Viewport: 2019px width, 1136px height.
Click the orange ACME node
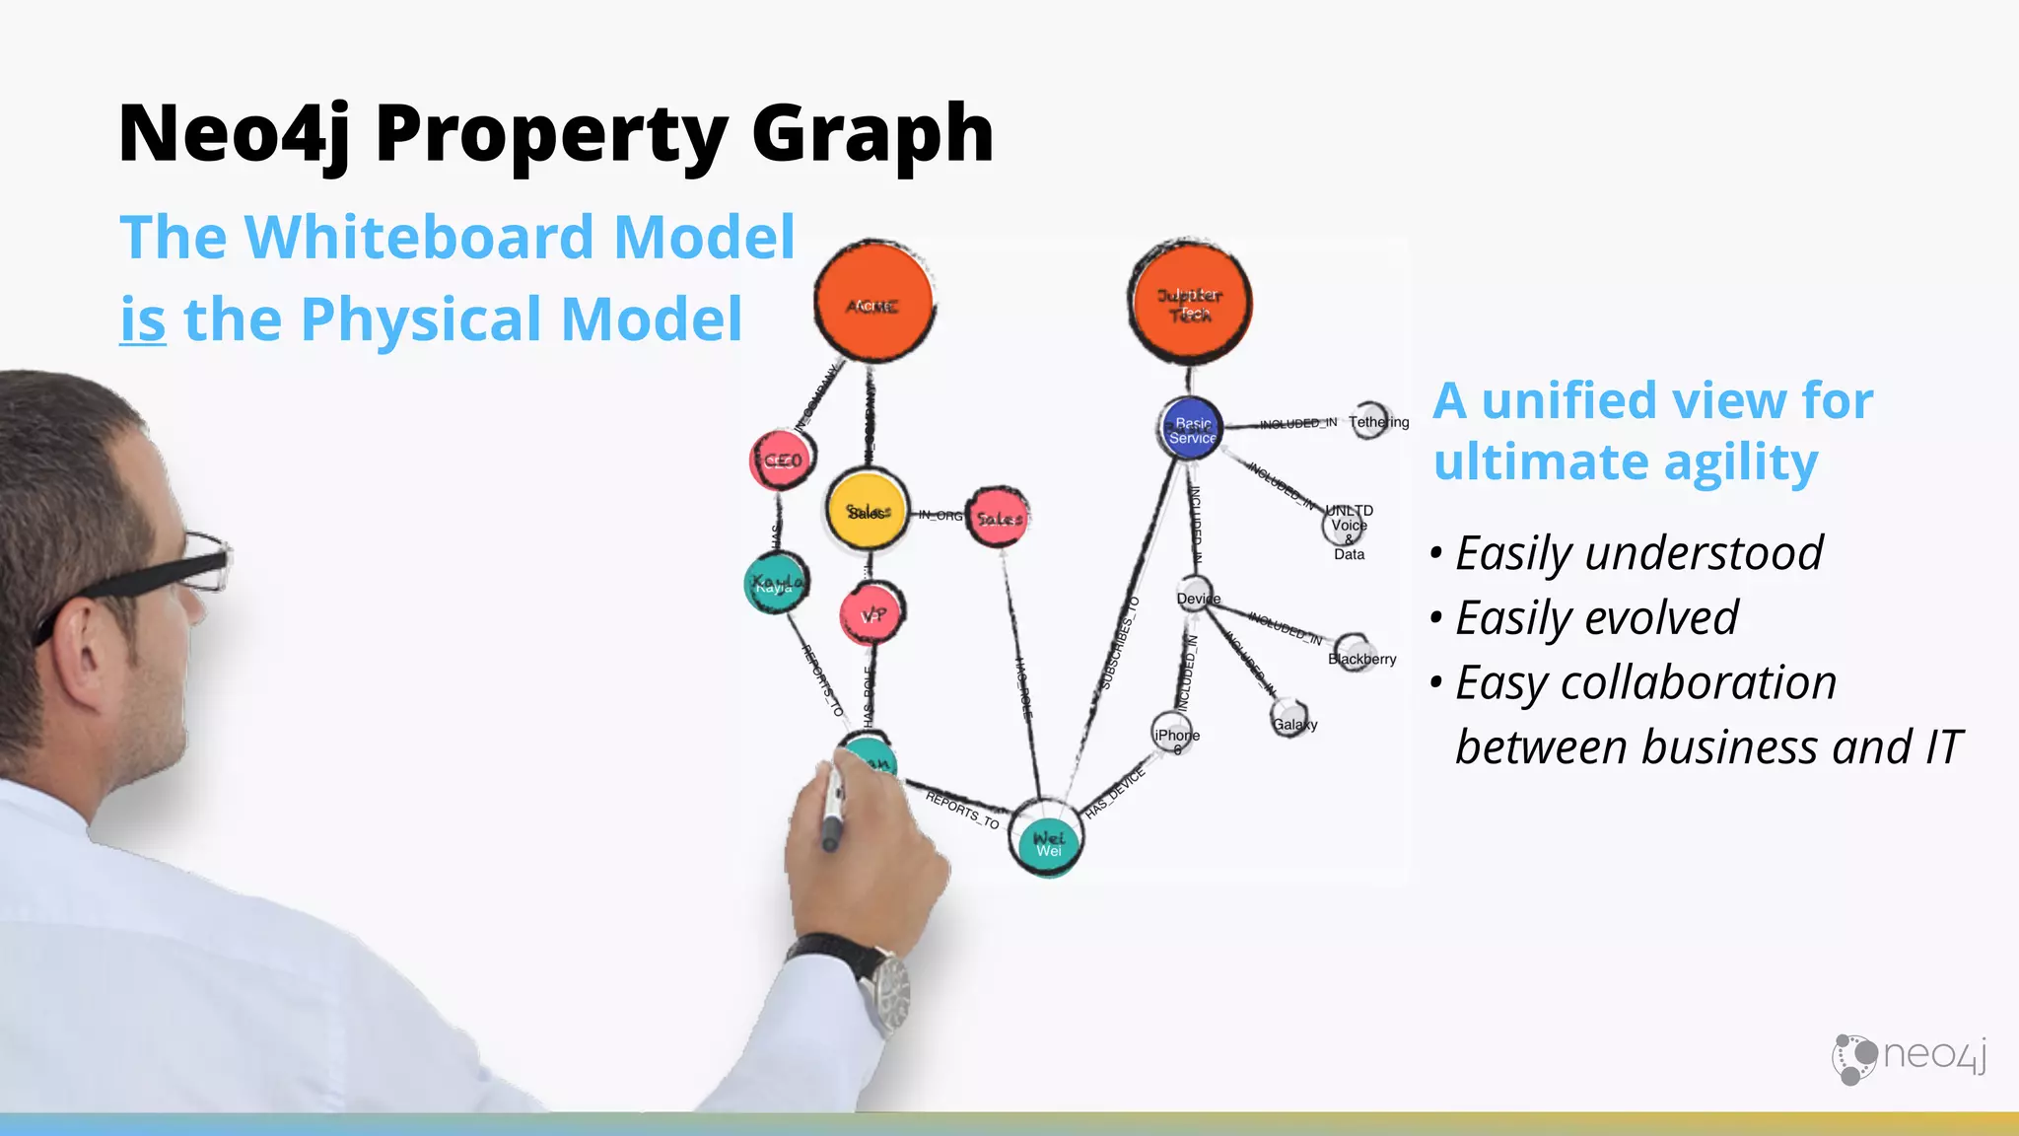(x=873, y=303)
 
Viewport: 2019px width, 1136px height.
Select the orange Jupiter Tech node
(x=1190, y=303)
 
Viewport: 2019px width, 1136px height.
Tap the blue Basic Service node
(x=1191, y=430)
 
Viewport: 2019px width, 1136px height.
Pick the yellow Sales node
(x=867, y=510)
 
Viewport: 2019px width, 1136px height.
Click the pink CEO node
(x=782, y=460)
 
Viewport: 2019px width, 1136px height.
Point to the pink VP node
(x=872, y=614)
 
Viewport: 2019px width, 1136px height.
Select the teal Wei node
(x=1047, y=841)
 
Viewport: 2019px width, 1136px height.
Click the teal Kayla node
(x=776, y=584)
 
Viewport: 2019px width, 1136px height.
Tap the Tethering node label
(x=1378, y=422)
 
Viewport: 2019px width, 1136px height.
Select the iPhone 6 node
(x=1174, y=735)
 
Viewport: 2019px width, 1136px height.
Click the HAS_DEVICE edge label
(x=1115, y=793)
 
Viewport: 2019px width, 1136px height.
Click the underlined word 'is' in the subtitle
(x=142, y=319)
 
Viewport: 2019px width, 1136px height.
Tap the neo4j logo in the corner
(x=1909, y=1057)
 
